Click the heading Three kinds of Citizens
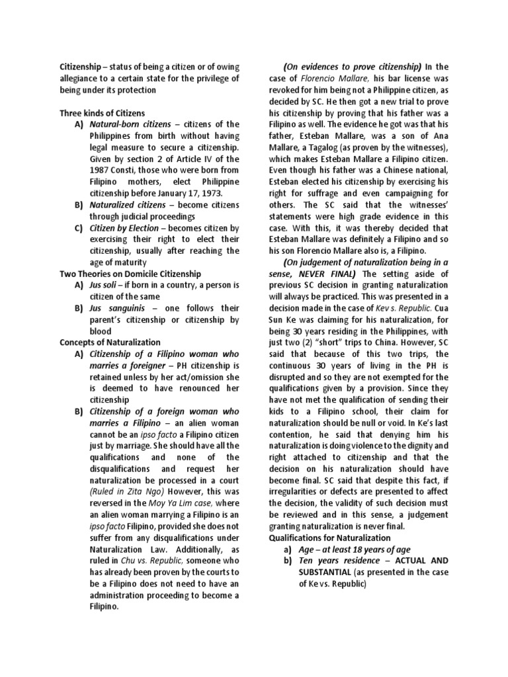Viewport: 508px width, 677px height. tap(102, 113)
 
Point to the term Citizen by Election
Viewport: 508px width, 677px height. tap(124, 228)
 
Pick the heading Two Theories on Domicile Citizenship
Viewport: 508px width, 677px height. tap(130, 273)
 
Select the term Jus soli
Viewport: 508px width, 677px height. tap(105, 285)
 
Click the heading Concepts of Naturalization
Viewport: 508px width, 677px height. tap(110, 342)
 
